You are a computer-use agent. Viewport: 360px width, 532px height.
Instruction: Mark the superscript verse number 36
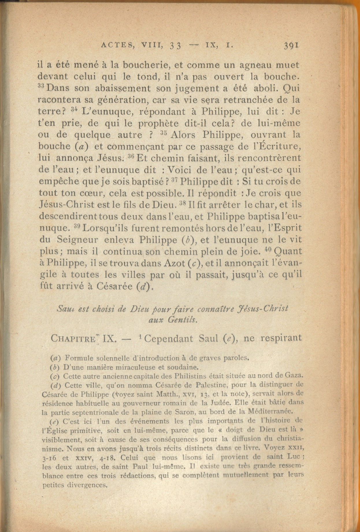click(131, 156)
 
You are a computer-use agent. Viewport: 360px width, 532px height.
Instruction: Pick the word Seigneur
click(77, 240)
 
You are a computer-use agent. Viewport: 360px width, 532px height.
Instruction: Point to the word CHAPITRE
click(73, 339)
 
